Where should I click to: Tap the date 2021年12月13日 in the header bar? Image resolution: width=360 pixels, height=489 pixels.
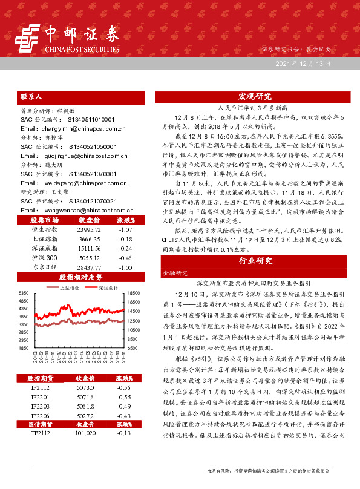(303, 64)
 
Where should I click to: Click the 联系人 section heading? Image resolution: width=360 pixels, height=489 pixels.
(31, 96)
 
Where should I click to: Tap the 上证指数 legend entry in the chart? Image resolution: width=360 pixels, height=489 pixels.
(73, 289)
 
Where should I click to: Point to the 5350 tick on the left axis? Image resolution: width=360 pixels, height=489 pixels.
(24, 293)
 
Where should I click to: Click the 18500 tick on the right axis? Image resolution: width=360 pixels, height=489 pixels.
(134, 293)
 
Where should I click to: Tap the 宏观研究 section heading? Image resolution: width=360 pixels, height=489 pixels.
(255, 96)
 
